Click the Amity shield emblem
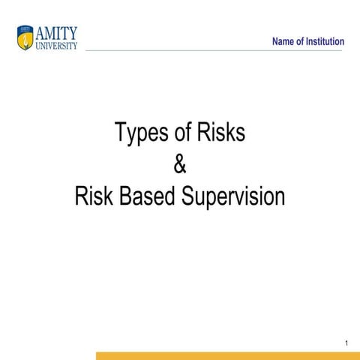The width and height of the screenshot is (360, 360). pos(25,35)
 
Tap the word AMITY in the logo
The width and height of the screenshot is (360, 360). pos(56,31)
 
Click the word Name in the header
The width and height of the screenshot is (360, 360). pos(284,41)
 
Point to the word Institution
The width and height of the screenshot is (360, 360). pos(325,41)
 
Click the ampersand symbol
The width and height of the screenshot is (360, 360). pos(179,164)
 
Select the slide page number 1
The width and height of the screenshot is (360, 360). pos(347,343)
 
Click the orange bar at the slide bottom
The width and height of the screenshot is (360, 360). pos(225,356)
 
